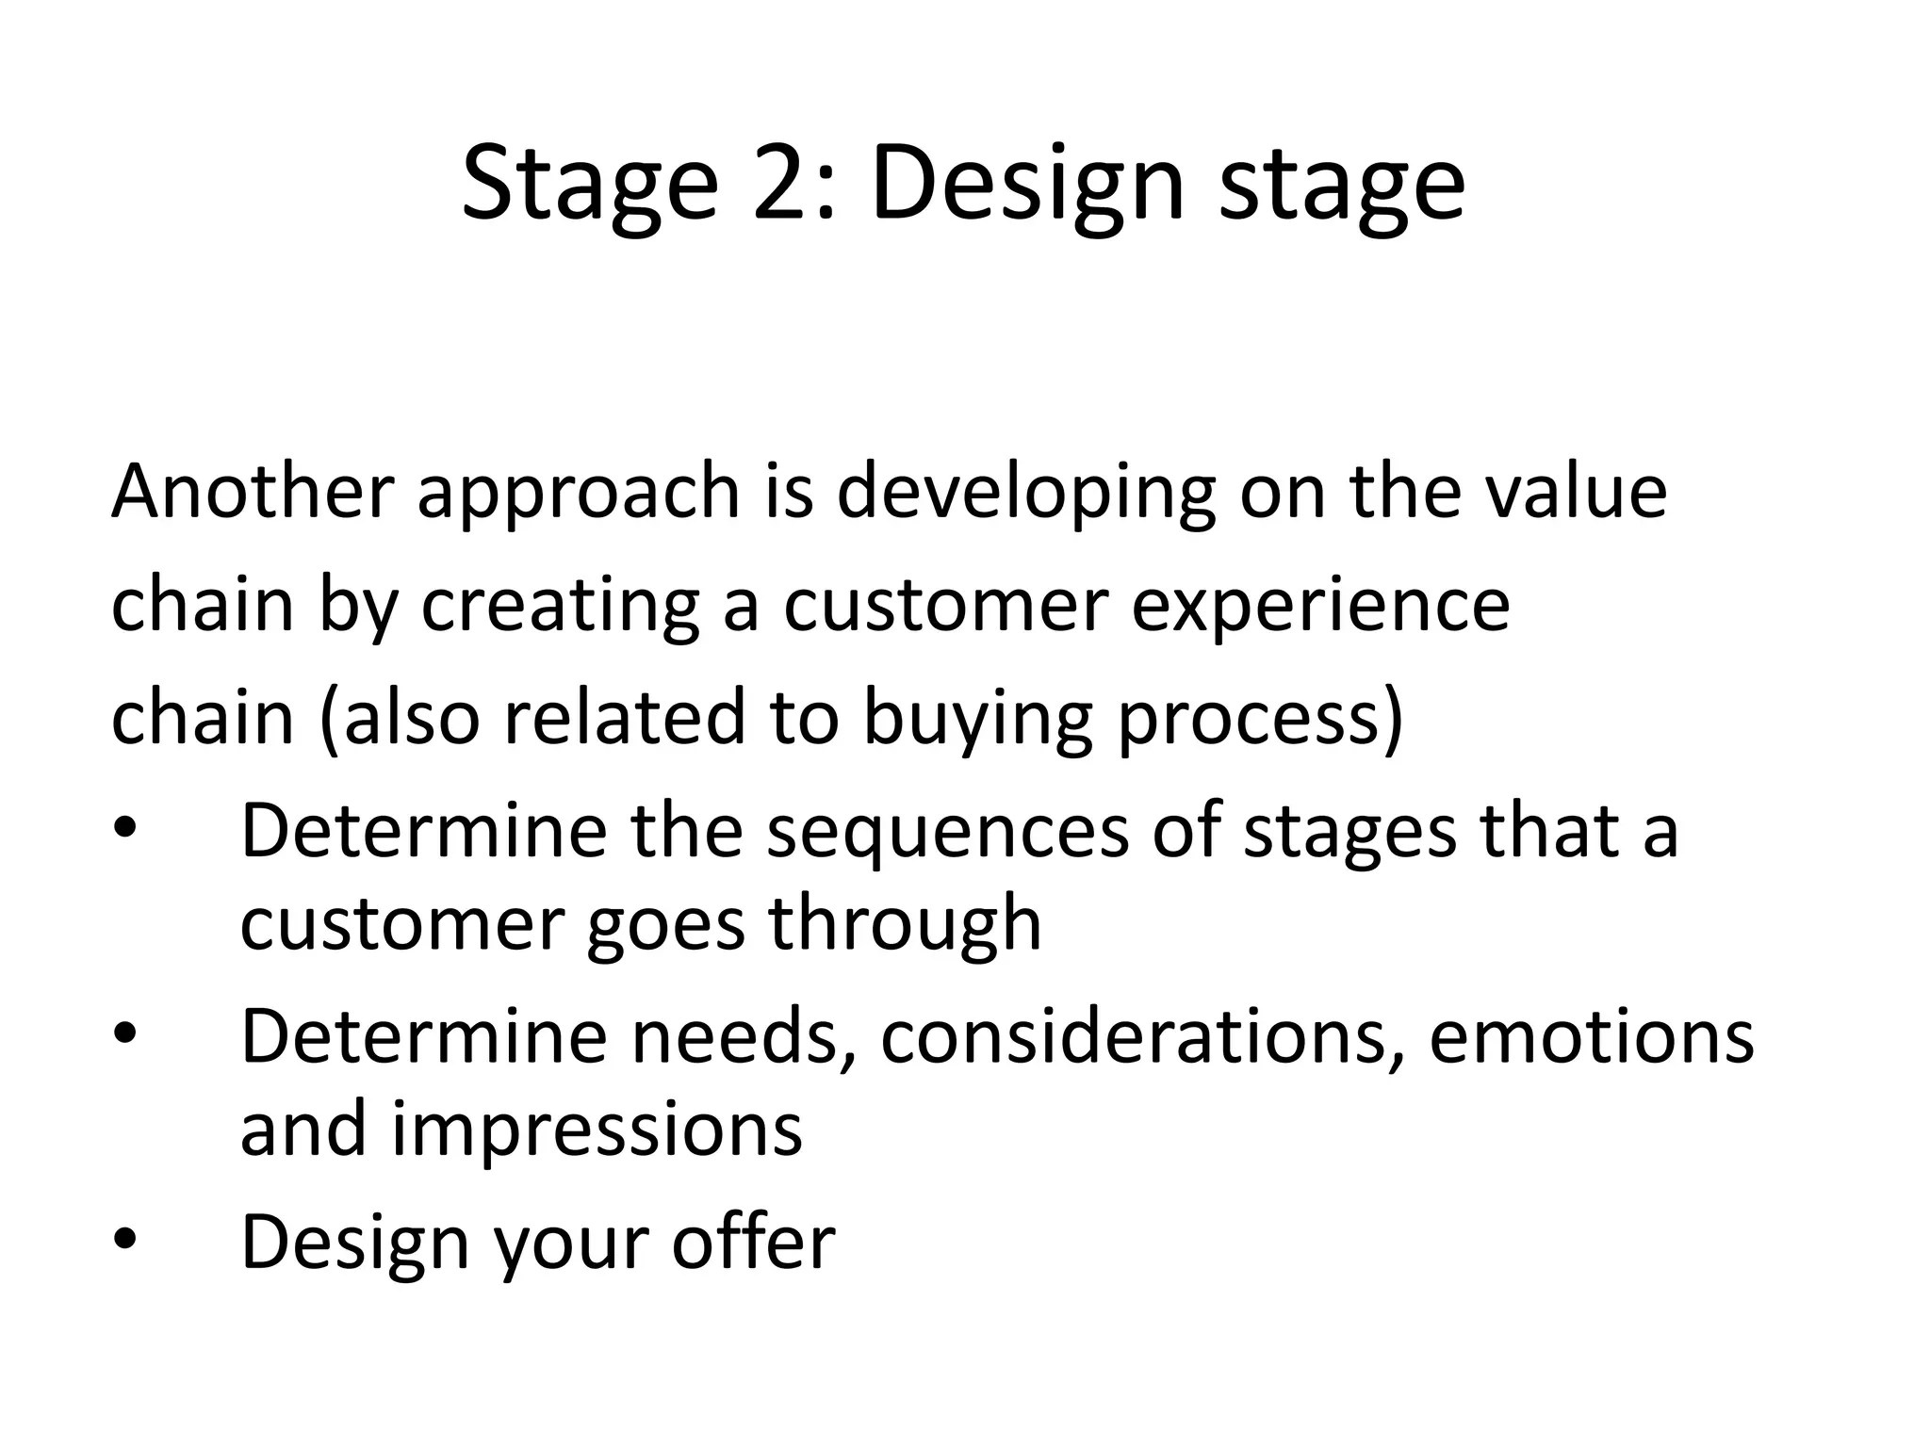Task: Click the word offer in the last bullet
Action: [753, 1241]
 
